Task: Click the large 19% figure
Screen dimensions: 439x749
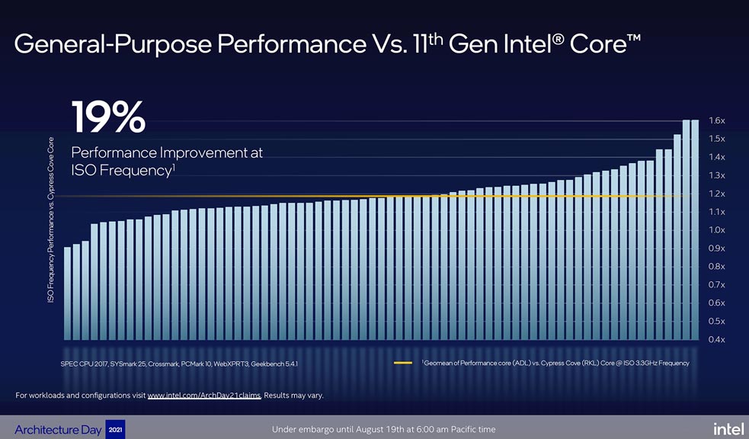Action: click(x=107, y=117)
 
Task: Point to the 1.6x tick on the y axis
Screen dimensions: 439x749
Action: click(x=716, y=120)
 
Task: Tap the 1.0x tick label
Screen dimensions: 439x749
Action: click(x=716, y=230)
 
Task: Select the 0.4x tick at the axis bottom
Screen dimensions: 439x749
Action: click(x=716, y=339)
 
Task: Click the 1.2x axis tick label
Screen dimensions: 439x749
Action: click(x=716, y=194)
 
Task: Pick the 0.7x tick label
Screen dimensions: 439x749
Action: click(x=716, y=284)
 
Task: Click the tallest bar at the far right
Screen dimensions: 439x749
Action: click(x=694, y=229)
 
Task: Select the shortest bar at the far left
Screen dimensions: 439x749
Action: click(x=67, y=293)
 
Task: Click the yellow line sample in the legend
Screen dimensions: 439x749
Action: click(x=403, y=363)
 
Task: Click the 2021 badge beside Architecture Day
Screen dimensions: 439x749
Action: click(x=114, y=429)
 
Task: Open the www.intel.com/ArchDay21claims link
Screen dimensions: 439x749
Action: click(x=203, y=395)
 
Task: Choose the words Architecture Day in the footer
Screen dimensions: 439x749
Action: click(x=57, y=430)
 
